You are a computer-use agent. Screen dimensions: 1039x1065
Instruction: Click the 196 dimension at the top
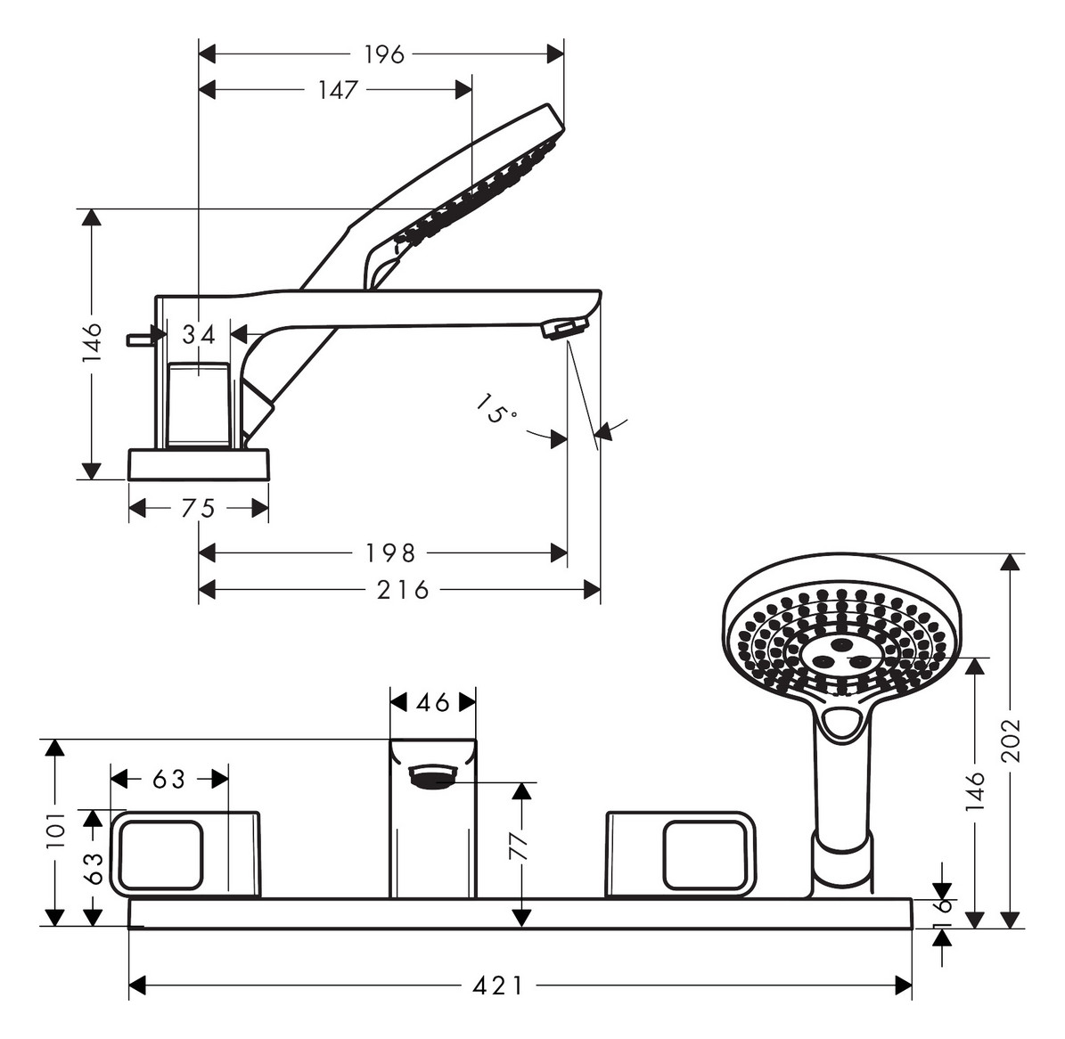coord(384,54)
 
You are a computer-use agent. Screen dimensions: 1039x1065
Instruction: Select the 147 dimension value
coord(338,90)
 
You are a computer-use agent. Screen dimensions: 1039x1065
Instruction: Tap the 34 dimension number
coord(199,335)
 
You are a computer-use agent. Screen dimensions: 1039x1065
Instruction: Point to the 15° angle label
coord(496,412)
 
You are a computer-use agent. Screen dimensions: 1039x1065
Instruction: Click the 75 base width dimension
coord(198,508)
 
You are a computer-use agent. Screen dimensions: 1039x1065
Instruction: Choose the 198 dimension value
coord(390,553)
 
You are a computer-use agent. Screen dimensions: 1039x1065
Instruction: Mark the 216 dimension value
coord(403,590)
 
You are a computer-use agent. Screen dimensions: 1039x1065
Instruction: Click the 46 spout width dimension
coord(433,703)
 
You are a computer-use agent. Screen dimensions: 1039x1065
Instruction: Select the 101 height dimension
coord(55,830)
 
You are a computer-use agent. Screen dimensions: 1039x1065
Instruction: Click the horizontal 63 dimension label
coord(168,780)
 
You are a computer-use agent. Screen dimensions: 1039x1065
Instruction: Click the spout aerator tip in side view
coord(561,330)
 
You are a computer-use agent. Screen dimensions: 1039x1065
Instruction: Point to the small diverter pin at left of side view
coord(139,339)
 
